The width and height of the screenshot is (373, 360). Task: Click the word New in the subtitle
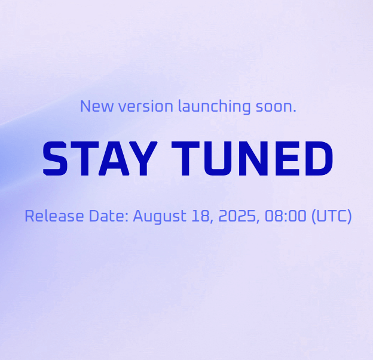pyautogui.click(x=97, y=106)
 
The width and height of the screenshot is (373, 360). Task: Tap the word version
pyautogui.click(x=146, y=106)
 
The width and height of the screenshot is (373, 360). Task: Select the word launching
pyautogui.click(x=215, y=107)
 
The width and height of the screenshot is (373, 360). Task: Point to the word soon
pyautogui.click(x=274, y=107)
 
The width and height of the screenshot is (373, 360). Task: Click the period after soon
pyautogui.click(x=295, y=110)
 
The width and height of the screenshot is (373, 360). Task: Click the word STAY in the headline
pyautogui.click(x=100, y=158)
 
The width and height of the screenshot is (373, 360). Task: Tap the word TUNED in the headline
pyautogui.click(x=252, y=158)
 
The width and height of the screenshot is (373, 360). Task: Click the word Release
pyautogui.click(x=54, y=216)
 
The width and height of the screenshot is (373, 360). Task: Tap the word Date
pyautogui.click(x=109, y=216)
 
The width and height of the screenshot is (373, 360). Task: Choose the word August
pyautogui.click(x=160, y=217)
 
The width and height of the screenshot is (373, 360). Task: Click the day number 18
pyautogui.click(x=201, y=216)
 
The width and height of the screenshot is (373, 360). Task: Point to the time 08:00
pyautogui.click(x=286, y=216)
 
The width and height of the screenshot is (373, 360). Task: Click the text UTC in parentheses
pyautogui.click(x=331, y=216)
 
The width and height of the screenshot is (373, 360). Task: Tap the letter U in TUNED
pyautogui.click(x=218, y=158)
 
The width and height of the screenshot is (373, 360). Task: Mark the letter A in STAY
pyautogui.click(x=114, y=158)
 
